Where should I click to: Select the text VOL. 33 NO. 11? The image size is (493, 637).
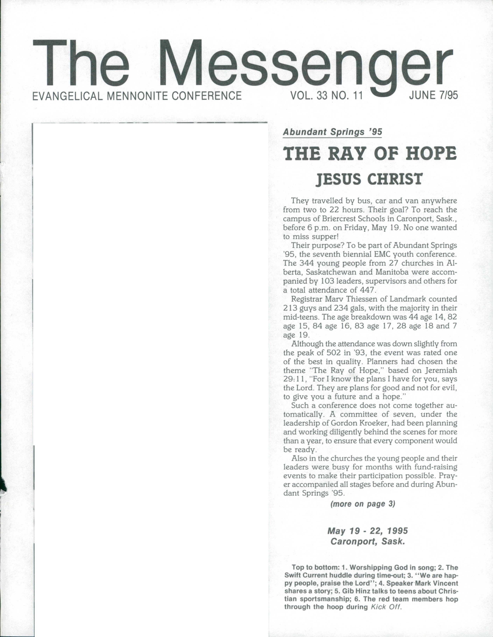point(326,95)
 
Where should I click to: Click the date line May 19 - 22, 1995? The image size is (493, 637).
point(368,531)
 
